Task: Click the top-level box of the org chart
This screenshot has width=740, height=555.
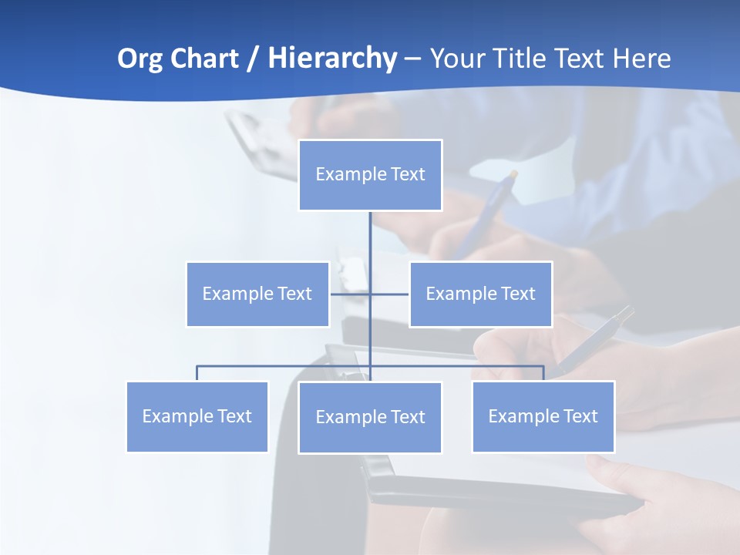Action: pyautogui.click(x=370, y=175)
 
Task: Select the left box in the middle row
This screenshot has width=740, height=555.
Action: pyautogui.click(x=257, y=294)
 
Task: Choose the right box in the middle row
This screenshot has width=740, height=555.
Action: pyautogui.click(x=480, y=294)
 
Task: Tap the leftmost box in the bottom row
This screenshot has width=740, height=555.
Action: pyautogui.click(x=197, y=416)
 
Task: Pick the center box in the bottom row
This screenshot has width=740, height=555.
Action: pyautogui.click(x=370, y=417)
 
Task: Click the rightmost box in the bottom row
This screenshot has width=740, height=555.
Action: pyautogui.click(x=543, y=416)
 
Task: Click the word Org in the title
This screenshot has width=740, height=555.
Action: pyautogui.click(x=140, y=59)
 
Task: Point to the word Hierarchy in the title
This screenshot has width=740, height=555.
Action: pyautogui.click(x=332, y=59)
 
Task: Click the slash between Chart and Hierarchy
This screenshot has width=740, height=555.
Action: pyautogui.click(x=254, y=59)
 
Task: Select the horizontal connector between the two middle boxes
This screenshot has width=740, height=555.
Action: pyautogui.click(x=351, y=294)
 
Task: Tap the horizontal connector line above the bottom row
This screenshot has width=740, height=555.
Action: pyautogui.click(x=285, y=366)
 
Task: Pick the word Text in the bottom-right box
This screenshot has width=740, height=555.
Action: pyautogui.click(x=580, y=416)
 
